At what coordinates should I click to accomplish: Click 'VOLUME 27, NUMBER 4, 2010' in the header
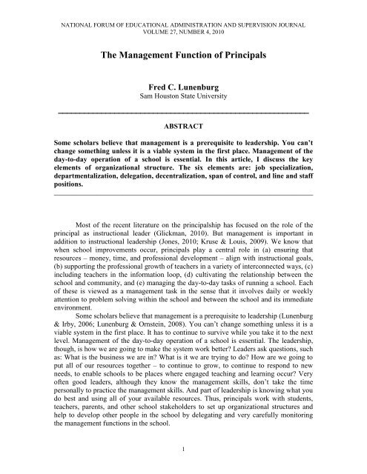183,21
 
